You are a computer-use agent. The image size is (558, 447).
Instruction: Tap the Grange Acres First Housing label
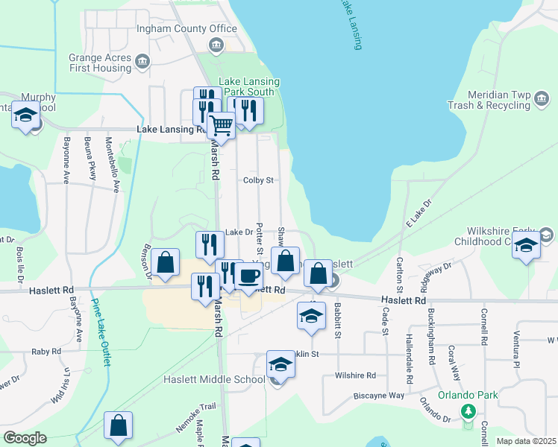[110, 63]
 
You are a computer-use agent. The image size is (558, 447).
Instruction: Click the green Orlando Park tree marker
[468, 410]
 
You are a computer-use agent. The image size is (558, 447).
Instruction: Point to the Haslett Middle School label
[214, 379]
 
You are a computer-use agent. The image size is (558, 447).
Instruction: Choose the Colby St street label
[259, 180]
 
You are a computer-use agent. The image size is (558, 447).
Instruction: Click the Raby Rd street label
[46, 351]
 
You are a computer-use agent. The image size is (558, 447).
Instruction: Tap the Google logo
[25, 438]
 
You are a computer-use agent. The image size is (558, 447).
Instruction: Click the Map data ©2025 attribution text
[525, 441]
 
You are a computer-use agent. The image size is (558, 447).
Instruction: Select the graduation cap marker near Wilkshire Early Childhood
[526, 245]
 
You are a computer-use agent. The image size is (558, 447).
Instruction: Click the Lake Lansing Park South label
[248, 86]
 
